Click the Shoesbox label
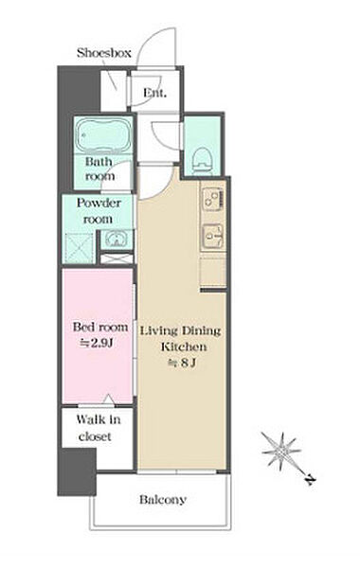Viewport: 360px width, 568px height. click(103, 53)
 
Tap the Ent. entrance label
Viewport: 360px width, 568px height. click(154, 93)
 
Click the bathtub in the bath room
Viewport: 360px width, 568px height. click(103, 134)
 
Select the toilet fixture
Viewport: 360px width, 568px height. click(203, 161)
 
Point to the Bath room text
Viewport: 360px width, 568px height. click(99, 169)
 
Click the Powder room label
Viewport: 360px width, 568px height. click(99, 211)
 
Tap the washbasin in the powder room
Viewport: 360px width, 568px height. click(116, 240)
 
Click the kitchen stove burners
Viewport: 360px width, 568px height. click(213, 199)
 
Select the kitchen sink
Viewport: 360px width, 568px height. click(212, 236)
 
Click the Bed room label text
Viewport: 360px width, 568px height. click(100, 328)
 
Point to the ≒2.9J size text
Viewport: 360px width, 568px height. click(97, 343)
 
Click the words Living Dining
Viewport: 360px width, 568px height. click(180, 331)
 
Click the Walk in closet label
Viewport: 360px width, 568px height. click(99, 428)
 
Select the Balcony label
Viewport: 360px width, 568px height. click(163, 500)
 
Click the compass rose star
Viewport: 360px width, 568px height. click(281, 452)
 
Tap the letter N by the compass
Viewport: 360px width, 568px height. click(310, 480)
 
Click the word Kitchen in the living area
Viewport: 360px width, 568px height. click(184, 346)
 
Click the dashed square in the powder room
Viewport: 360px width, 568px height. click(79, 248)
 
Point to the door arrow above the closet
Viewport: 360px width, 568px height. click(108, 399)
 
